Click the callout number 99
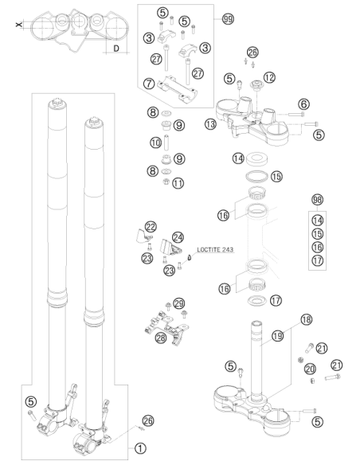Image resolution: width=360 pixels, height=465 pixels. click(x=228, y=19)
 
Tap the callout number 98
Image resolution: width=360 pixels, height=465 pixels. click(x=317, y=200)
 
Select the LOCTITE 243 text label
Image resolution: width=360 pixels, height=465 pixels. click(x=215, y=250)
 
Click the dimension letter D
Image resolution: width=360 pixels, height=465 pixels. click(x=116, y=49)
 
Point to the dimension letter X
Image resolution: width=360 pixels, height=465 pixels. click(x=19, y=25)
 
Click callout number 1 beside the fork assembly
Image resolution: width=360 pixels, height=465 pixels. click(x=140, y=448)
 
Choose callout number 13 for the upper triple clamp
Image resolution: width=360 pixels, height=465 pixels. click(x=210, y=124)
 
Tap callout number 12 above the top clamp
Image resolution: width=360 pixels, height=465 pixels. click(x=269, y=78)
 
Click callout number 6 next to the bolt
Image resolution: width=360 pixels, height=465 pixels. click(x=303, y=104)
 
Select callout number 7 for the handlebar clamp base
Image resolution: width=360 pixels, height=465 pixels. click(x=149, y=84)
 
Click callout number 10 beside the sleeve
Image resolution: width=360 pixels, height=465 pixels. click(x=155, y=143)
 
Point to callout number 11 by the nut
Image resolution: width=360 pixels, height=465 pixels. click(x=178, y=183)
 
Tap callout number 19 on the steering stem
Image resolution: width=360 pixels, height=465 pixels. click(x=278, y=336)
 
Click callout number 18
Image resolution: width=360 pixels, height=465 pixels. click(x=307, y=320)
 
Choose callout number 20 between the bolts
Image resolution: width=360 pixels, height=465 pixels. click(x=310, y=369)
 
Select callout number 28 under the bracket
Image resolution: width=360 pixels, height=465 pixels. click(x=161, y=338)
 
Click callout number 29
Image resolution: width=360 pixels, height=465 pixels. click(x=178, y=303)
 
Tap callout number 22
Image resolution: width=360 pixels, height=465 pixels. click(x=151, y=227)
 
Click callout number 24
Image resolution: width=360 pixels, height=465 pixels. click(x=178, y=237)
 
